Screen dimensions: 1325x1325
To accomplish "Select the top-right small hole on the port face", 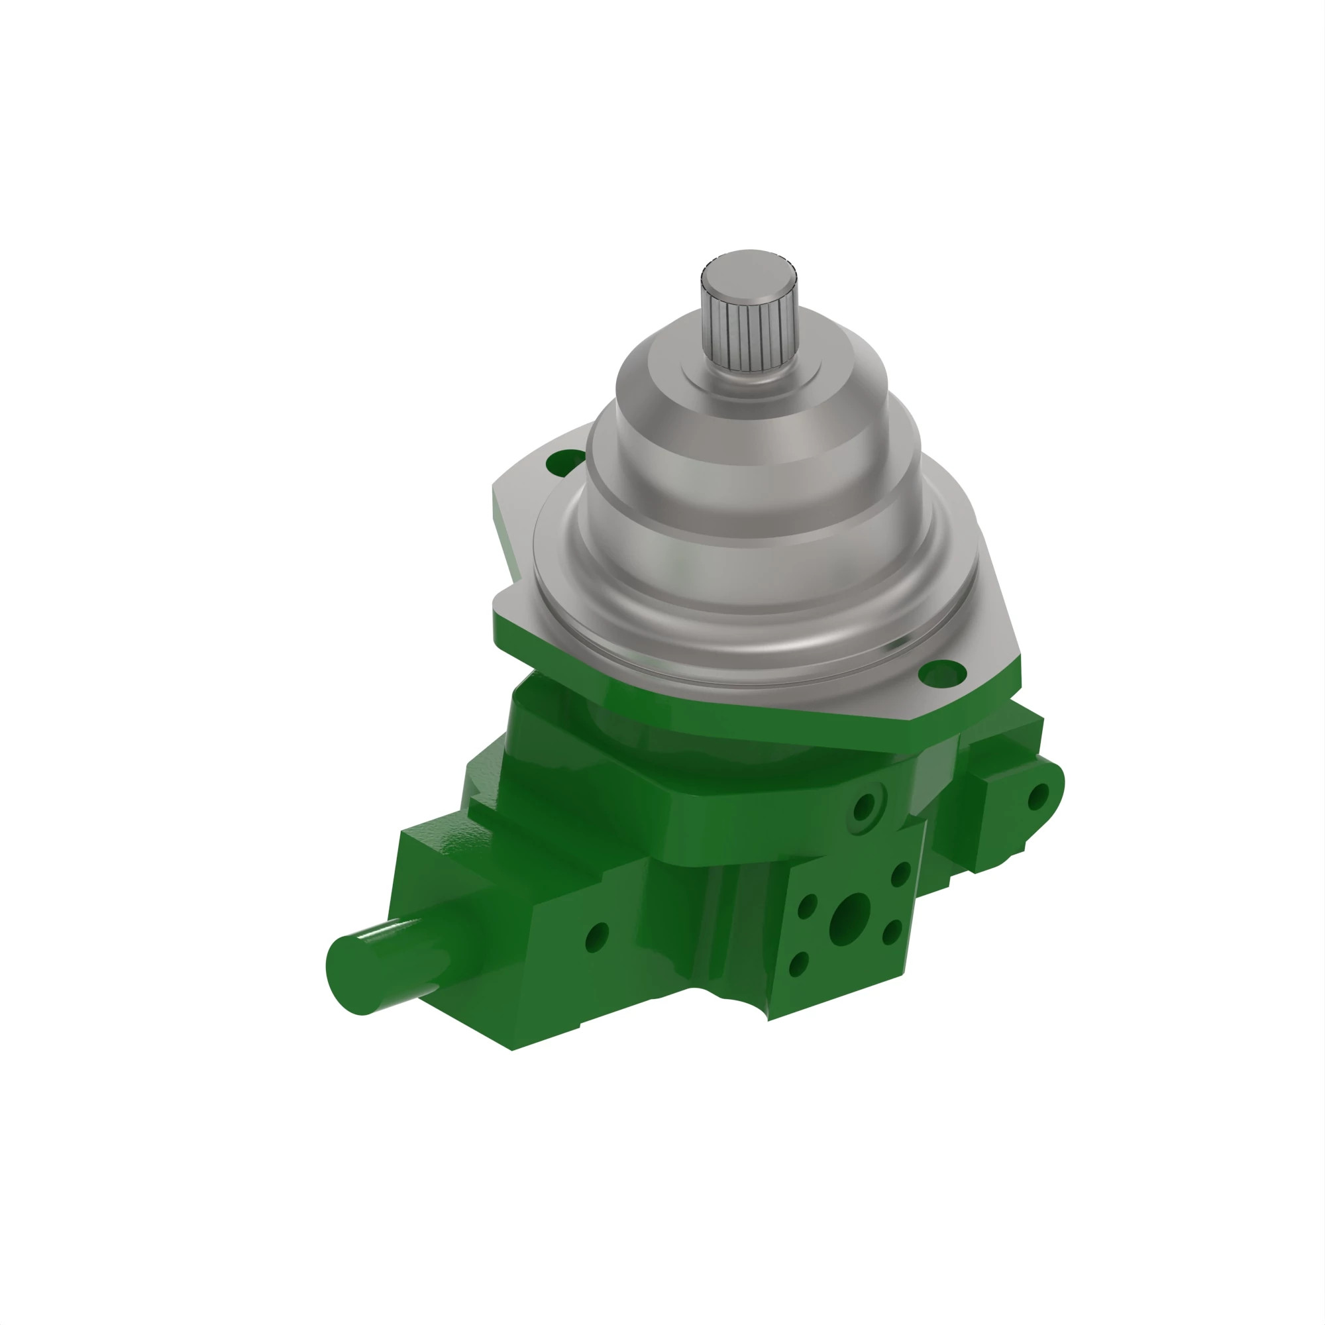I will pos(900,874).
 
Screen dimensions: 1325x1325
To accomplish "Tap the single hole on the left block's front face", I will pos(598,937).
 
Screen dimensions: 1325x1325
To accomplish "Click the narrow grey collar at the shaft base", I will pos(752,382).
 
